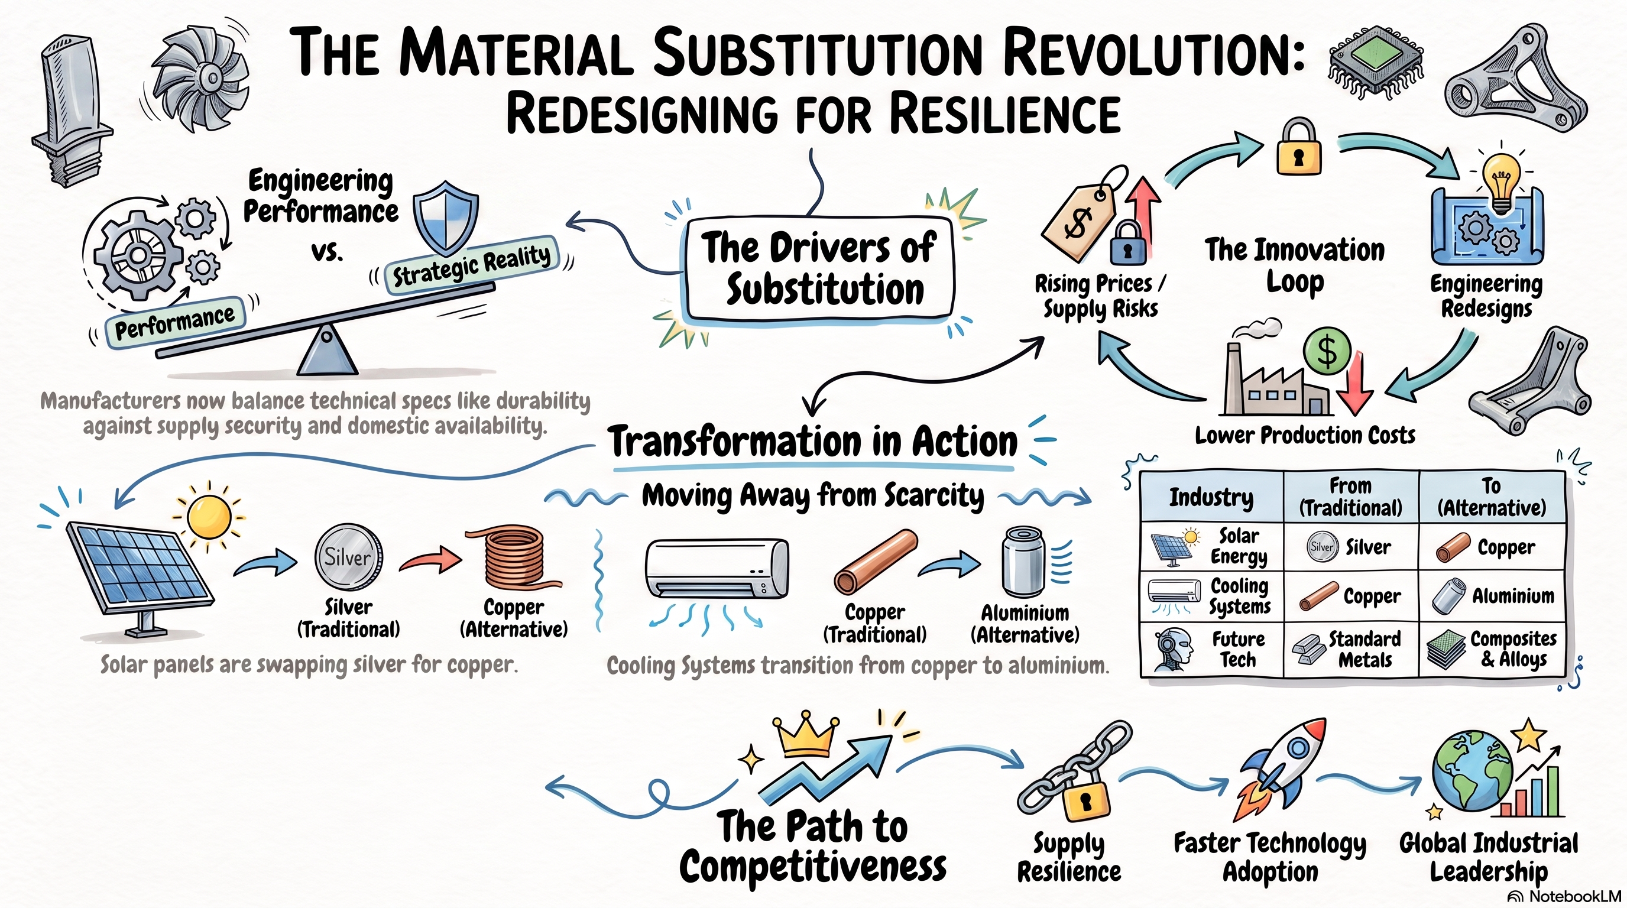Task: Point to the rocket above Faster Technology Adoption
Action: pos(1282,767)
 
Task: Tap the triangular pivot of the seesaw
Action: pos(326,350)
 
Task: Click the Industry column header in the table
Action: pos(1211,498)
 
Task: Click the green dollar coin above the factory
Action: pos(1328,351)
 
